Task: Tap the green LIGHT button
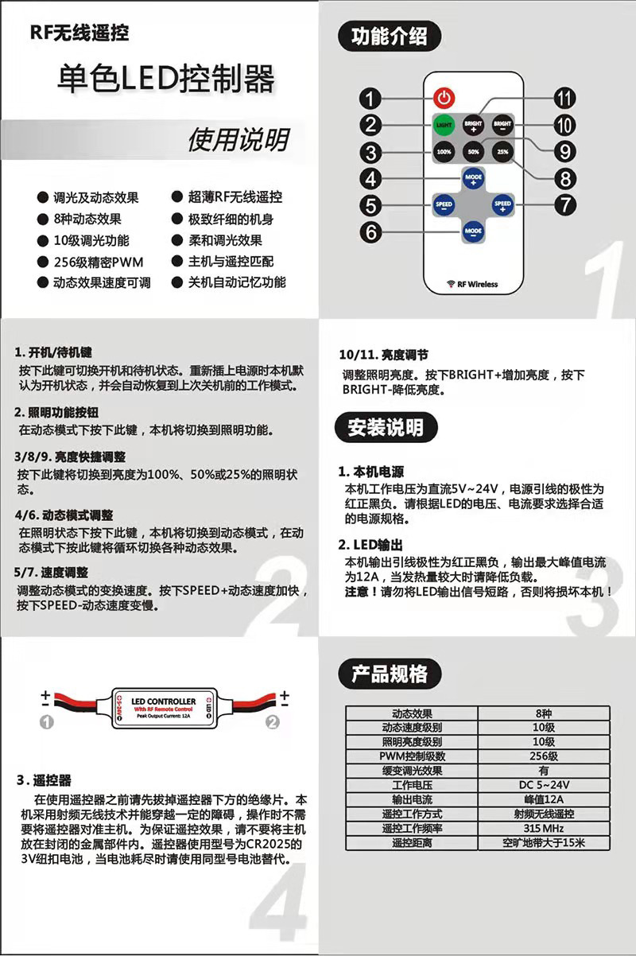coord(444,125)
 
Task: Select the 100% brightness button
coord(444,151)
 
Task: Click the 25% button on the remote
coord(502,151)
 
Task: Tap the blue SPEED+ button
coord(502,205)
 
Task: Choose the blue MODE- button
coord(473,232)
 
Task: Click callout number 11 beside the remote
coord(564,99)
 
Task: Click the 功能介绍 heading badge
coord(389,37)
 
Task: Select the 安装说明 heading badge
coord(386,427)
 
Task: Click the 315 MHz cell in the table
coord(542,829)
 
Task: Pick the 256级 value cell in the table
coord(542,756)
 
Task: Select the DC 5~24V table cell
coord(542,785)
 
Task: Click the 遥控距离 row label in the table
coord(412,843)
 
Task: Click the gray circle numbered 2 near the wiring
coord(273,722)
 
